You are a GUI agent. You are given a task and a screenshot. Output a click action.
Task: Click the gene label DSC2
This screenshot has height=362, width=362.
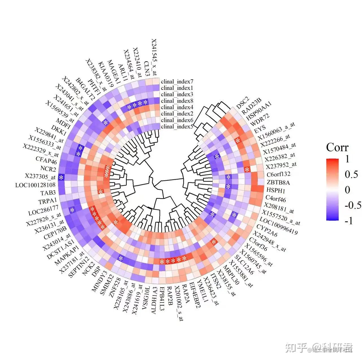242,102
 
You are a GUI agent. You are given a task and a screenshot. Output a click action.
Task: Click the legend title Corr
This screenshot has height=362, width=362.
337,147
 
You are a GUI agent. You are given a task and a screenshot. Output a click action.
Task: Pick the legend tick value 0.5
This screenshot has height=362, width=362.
351,174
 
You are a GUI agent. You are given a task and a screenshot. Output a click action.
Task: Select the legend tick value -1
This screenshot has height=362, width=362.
349,220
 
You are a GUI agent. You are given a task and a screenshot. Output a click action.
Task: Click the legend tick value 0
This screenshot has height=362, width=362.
347,190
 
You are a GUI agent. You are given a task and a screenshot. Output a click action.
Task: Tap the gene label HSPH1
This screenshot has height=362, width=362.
275,191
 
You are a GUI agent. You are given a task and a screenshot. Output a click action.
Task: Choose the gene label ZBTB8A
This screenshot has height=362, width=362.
278,182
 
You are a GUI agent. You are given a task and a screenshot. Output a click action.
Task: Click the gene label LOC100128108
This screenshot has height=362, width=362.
35,185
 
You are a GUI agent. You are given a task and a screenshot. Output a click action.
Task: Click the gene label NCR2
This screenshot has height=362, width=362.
48,169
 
